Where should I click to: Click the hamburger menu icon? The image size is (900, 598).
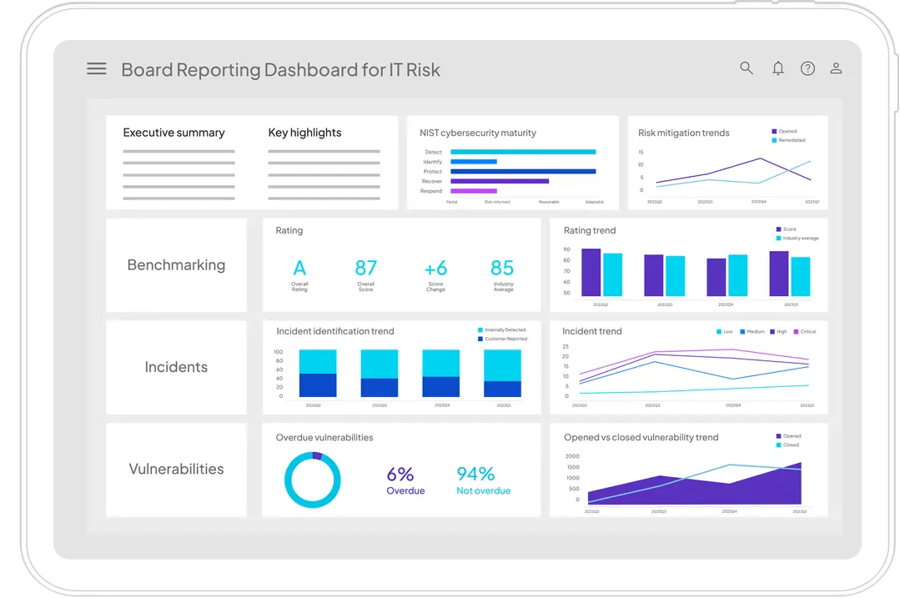(97, 69)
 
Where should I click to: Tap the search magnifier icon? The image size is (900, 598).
(747, 68)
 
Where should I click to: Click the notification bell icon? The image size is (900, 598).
(777, 68)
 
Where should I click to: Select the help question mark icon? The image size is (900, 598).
(807, 68)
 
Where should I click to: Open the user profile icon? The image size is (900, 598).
(836, 68)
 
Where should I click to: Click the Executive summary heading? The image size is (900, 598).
(173, 133)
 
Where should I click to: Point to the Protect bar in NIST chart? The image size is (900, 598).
(523, 171)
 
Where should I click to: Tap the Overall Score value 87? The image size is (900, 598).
(365, 268)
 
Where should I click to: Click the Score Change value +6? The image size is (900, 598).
(435, 268)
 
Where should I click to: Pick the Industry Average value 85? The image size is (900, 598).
(502, 268)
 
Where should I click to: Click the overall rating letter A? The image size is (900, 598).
(299, 268)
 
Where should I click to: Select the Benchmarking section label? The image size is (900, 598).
(176, 265)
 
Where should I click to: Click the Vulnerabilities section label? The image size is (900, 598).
(176, 469)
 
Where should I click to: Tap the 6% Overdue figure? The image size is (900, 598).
(400, 475)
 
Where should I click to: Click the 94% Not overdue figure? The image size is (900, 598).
(475, 475)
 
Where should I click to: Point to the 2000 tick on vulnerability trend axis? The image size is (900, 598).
(572, 456)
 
